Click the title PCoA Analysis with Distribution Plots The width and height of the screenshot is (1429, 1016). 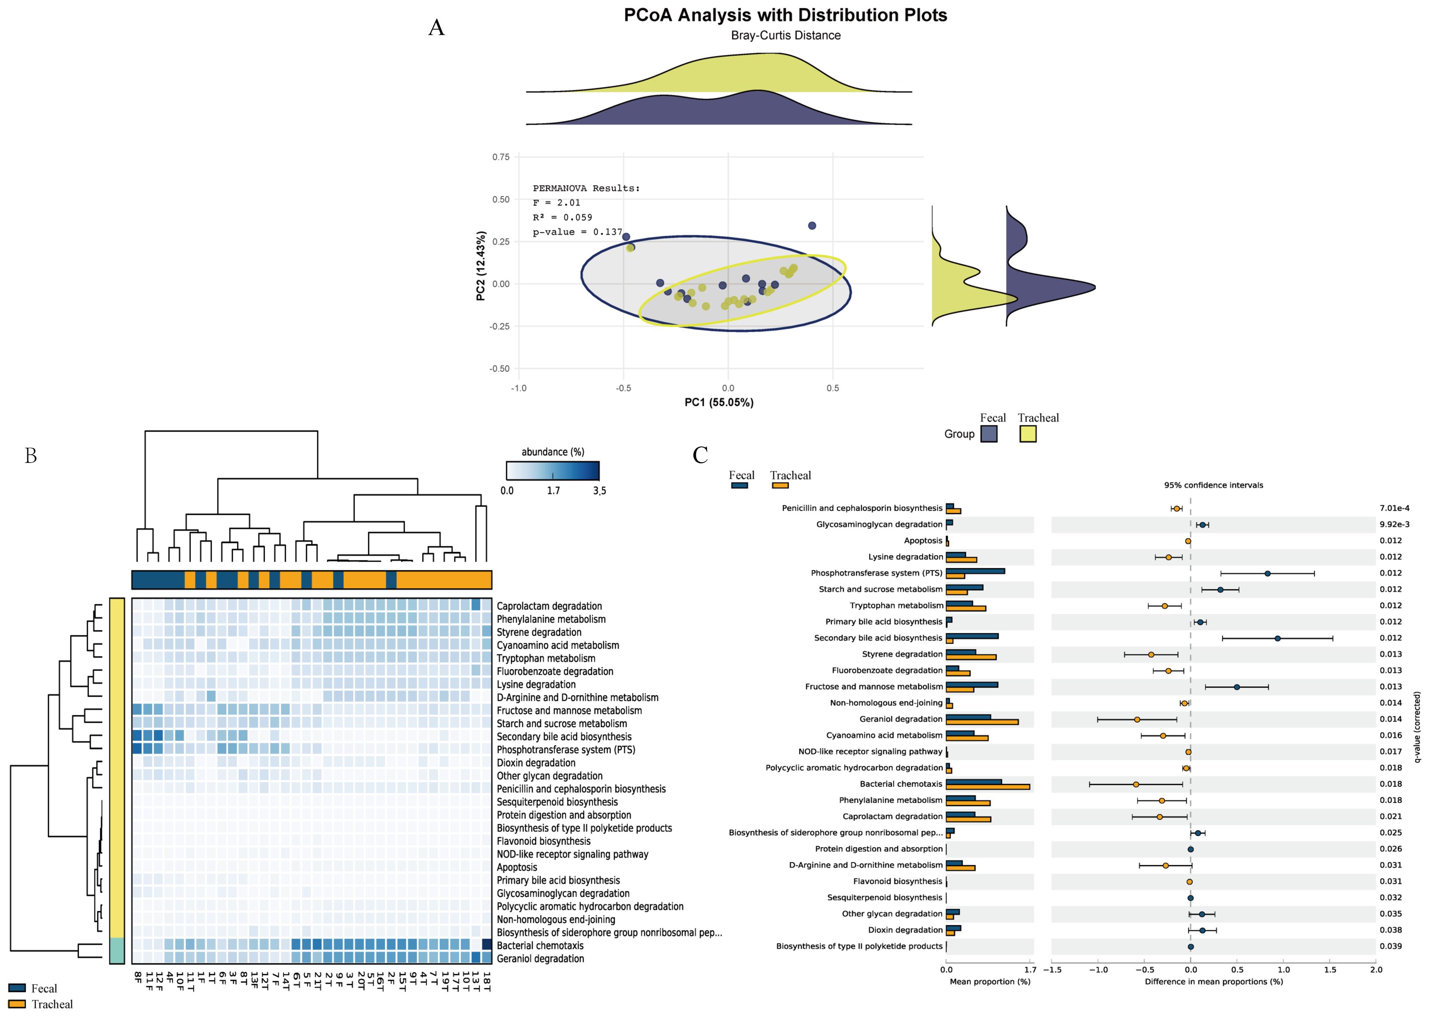785,15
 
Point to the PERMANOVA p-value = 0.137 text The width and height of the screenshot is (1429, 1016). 577,232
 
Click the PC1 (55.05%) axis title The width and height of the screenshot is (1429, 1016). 719,402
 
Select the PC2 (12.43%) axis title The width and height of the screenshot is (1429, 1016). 480,266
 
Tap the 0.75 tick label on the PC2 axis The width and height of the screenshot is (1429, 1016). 500,157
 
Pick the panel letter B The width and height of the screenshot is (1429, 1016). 31,456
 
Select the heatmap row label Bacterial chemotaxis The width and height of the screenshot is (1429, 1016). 539,945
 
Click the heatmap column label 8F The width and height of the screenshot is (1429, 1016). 137,978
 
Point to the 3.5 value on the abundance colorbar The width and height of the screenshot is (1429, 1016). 599,490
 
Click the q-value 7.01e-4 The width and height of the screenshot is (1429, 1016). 1394,508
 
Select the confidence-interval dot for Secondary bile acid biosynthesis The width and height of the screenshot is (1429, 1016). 1277,638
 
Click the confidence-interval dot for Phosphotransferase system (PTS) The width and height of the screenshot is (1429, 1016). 1267,573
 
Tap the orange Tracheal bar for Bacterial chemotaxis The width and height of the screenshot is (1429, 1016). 987,787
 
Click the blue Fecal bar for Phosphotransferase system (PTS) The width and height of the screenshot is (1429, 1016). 975,571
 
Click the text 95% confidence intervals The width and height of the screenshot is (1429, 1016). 1213,485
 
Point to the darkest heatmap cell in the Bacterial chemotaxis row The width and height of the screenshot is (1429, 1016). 487,945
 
